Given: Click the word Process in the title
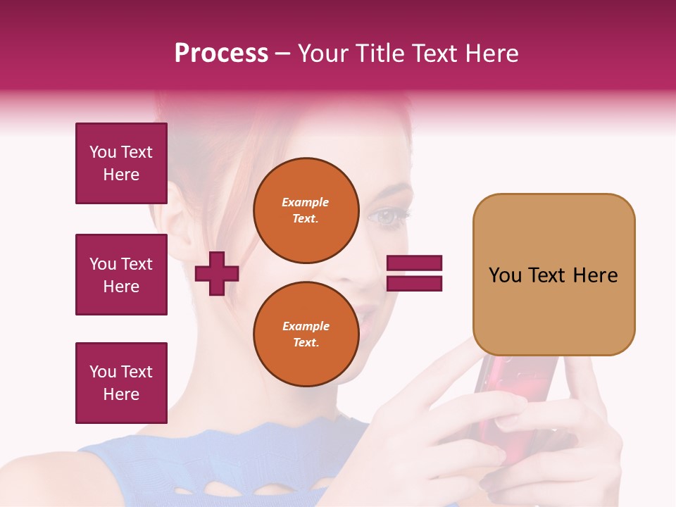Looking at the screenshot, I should click(221, 54).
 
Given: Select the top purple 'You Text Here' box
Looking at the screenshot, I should click(121, 163).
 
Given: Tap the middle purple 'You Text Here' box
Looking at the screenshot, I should click(121, 275).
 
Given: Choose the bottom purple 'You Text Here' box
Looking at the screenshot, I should click(121, 382).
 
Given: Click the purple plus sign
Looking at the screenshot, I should click(217, 273).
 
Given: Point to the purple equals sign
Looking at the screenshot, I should click(414, 273).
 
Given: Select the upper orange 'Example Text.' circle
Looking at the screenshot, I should click(306, 211).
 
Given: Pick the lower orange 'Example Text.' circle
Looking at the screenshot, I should click(306, 334).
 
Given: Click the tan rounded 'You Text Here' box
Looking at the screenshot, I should click(553, 275).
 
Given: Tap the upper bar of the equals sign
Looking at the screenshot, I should click(414, 263).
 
